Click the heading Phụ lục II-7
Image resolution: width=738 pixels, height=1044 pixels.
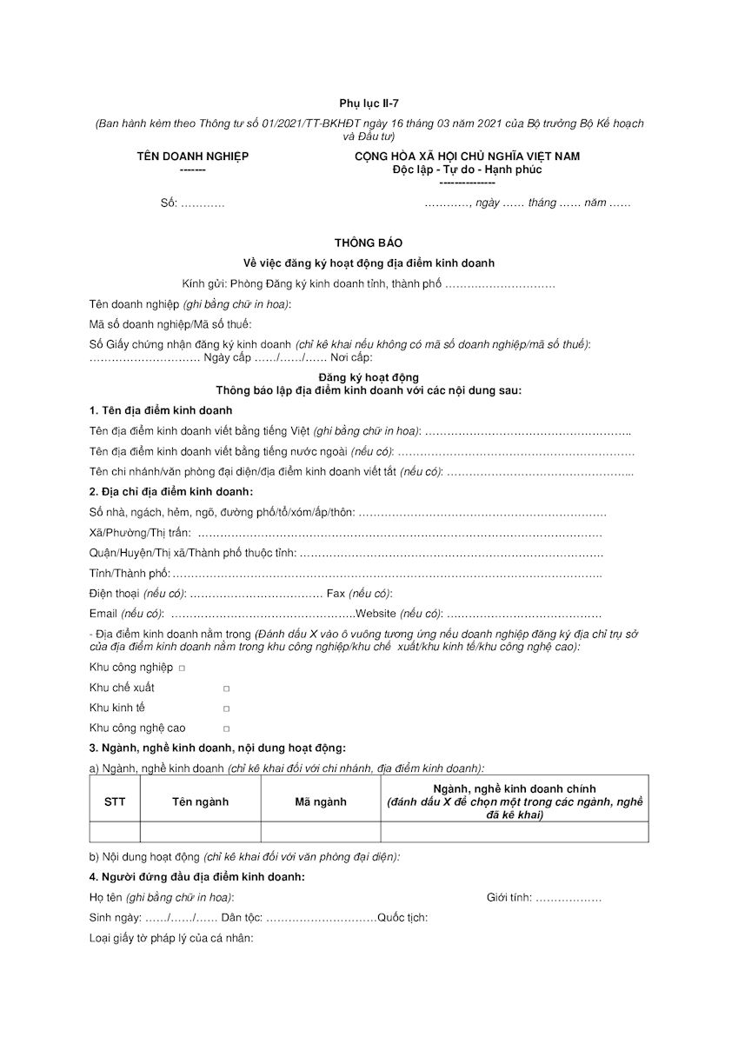[x=369, y=103]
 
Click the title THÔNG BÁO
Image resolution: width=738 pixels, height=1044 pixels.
[x=369, y=243]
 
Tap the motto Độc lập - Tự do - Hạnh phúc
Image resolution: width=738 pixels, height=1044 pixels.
[x=467, y=170]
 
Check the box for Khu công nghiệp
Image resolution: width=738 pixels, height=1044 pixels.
[x=182, y=668]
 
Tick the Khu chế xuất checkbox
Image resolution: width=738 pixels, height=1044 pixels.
[x=226, y=688]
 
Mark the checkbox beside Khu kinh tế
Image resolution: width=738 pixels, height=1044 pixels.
[x=226, y=708]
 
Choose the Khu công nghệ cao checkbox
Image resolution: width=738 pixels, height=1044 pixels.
[x=226, y=728]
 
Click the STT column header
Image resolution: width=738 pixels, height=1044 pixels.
[x=115, y=801]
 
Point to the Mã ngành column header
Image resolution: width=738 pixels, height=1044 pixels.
[x=321, y=801]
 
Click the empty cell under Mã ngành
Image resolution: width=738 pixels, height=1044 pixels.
[x=321, y=832]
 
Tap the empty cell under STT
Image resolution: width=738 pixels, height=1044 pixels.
[x=115, y=832]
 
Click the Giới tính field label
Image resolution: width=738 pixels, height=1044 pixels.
[x=509, y=898]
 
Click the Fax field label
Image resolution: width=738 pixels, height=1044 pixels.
[x=336, y=594]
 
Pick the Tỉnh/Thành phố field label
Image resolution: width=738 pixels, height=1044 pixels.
[x=130, y=574]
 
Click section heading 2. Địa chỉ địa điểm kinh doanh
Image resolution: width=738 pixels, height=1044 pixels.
[x=171, y=492]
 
